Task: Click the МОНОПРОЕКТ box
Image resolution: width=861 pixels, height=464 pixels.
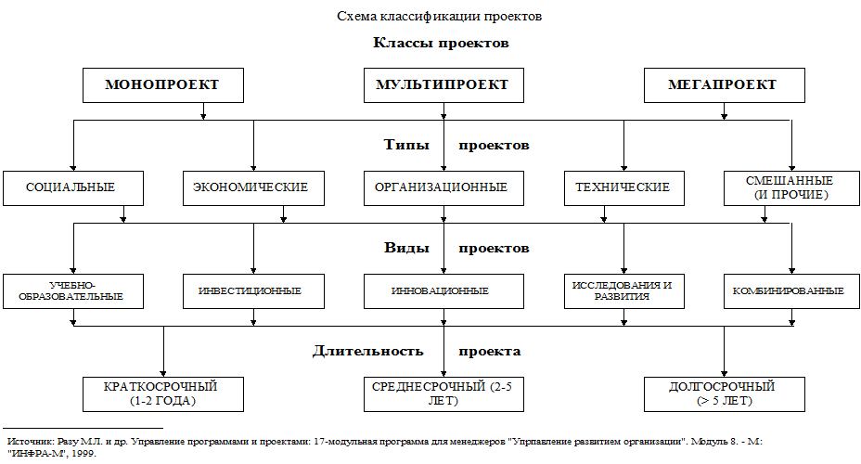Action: pos(163,85)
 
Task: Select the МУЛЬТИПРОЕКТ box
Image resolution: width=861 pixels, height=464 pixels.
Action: pos(443,85)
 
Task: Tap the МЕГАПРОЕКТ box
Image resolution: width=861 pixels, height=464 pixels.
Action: pos(723,85)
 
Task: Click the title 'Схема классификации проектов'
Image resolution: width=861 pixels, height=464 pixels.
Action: pos(440,17)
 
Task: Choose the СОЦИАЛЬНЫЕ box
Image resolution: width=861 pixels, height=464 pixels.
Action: pos(72,187)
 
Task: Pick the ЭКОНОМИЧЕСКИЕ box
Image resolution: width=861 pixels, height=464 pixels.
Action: pos(251,187)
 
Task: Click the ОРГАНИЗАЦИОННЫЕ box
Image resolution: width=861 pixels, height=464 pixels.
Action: pos(442,187)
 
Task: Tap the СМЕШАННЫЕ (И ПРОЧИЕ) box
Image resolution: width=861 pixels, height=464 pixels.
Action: pos(790,187)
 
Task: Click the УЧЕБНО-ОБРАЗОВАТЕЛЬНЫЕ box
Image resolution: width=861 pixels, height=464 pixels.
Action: pos(72,290)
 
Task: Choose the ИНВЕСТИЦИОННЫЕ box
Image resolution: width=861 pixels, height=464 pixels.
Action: pos(251,290)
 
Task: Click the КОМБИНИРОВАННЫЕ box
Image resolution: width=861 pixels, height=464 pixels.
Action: pos(790,290)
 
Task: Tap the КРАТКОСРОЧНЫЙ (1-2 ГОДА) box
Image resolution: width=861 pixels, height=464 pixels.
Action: pos(163,393)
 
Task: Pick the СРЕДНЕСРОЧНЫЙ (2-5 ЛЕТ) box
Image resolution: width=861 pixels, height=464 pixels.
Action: pos(443,393)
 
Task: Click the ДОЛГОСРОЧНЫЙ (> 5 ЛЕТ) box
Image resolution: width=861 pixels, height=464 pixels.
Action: pos(723,393)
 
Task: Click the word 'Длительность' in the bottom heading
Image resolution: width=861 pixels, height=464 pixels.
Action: pos(367,352)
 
